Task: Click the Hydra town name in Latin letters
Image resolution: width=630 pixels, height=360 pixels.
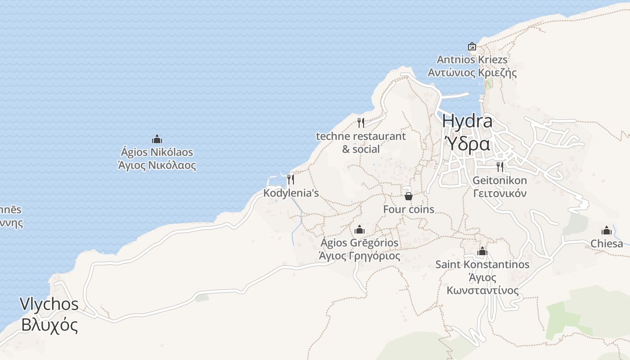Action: click(467, 121)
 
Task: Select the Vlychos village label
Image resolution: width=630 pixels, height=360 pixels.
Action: click(49, 304)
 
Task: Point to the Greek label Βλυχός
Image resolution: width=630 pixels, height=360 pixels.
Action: click(49, 324)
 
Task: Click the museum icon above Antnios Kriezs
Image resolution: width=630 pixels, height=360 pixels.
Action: click(472, 46)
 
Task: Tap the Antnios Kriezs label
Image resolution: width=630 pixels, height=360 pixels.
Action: click(472, 59)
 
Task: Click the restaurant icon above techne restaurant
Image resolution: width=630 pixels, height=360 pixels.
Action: click(361, 122)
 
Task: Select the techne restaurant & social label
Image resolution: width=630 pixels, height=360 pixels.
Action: click(361, 142)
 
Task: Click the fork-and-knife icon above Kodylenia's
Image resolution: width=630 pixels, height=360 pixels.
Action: click(291, 180)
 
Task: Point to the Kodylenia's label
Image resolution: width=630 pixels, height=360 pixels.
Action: click(291, 193)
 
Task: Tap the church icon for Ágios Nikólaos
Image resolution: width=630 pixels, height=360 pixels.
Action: click(157, 139)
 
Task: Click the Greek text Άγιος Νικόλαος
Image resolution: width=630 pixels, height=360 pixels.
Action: click(157, 165)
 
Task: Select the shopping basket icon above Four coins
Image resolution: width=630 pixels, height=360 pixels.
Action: click(409, 196)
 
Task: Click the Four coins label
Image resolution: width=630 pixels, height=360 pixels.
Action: click(409, 209)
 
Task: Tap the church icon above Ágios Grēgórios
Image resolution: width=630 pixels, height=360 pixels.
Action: click(359, 230)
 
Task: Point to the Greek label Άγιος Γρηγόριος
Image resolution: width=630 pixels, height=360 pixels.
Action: click(359, 256)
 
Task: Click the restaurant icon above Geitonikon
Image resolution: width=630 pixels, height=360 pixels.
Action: click(500, 167)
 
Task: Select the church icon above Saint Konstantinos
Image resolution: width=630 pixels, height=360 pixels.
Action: click(482, 251)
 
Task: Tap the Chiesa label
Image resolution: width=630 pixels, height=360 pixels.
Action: click(607, 244)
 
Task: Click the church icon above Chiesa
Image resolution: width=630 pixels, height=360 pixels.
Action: click(607, 231)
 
